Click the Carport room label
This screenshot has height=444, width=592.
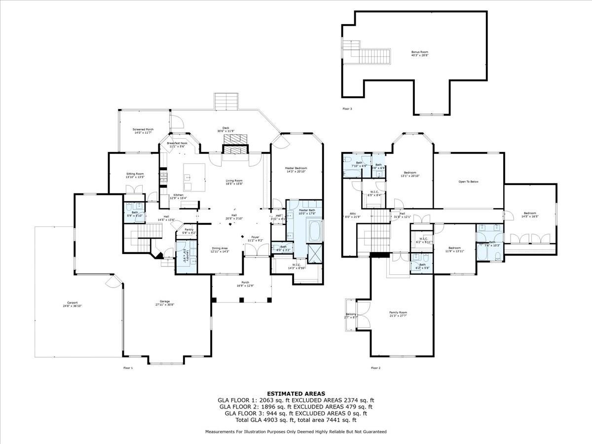point(73,304)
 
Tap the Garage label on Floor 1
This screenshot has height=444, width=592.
point(164,303)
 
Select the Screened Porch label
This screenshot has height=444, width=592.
point(143,131)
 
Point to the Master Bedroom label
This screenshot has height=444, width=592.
point(296,170)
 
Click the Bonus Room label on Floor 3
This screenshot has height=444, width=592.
point(420,53)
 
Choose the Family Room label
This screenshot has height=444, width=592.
point(398,314)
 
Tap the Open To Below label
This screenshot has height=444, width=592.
point(468,182)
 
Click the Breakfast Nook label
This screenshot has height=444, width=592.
point(177,145)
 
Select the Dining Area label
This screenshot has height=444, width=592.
point(220,250)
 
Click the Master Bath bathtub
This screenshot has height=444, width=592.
point(314,230)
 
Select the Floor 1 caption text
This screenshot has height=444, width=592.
point(128,368)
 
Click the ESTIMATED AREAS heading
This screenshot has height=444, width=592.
point(296,393)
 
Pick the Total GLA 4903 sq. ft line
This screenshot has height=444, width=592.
point(296,420)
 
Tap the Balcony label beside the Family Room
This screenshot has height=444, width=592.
point(350,315)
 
